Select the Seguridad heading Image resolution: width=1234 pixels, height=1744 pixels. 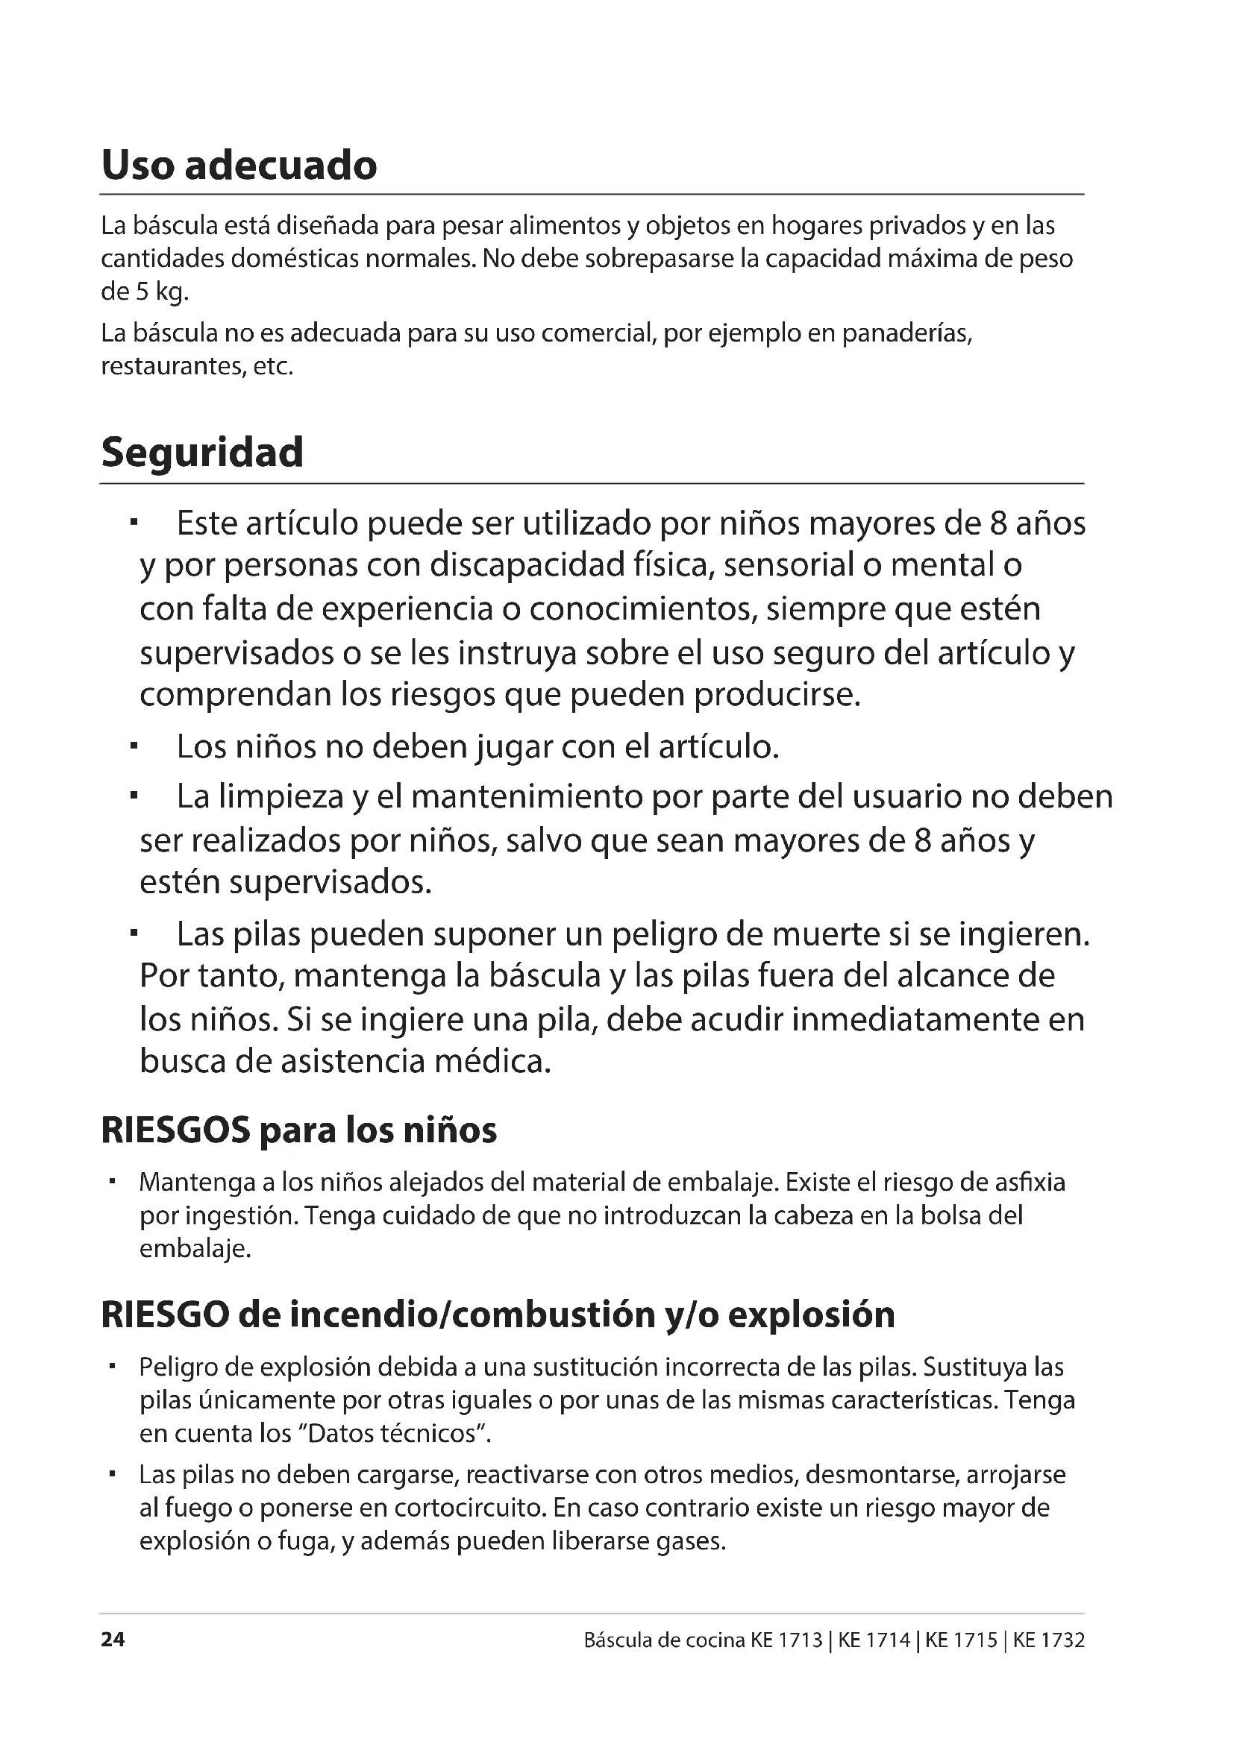[x=202, y=453]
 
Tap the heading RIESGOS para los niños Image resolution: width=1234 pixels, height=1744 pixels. [x=298, y=1130]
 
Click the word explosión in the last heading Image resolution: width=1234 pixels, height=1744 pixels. [x=811, y=1315]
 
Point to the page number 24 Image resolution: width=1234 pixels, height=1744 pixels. [x=113, y=1640]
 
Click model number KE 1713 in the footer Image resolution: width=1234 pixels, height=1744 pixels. [x=786, y=1640]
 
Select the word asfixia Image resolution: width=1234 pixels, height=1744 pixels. [x=1030, y=1183]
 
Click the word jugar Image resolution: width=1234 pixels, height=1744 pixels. [x=516, y=747]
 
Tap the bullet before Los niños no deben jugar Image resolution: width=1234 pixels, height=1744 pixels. [x=134, y=747]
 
